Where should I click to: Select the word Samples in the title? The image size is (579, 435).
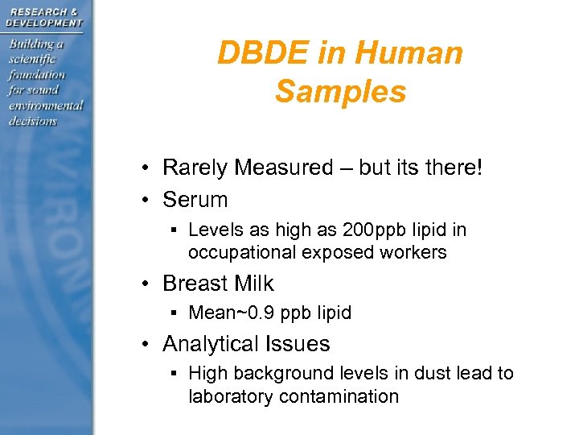click(x=340, y=91)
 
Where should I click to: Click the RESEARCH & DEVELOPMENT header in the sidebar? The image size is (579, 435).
click(x=44, y=16)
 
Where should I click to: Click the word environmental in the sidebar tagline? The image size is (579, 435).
click(x=46, y=106)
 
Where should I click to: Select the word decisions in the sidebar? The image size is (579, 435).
click(x=33, y=121)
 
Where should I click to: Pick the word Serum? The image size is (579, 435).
click(x=195, y=199)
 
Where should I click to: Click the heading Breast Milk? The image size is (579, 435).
click(x=218, y=284)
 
